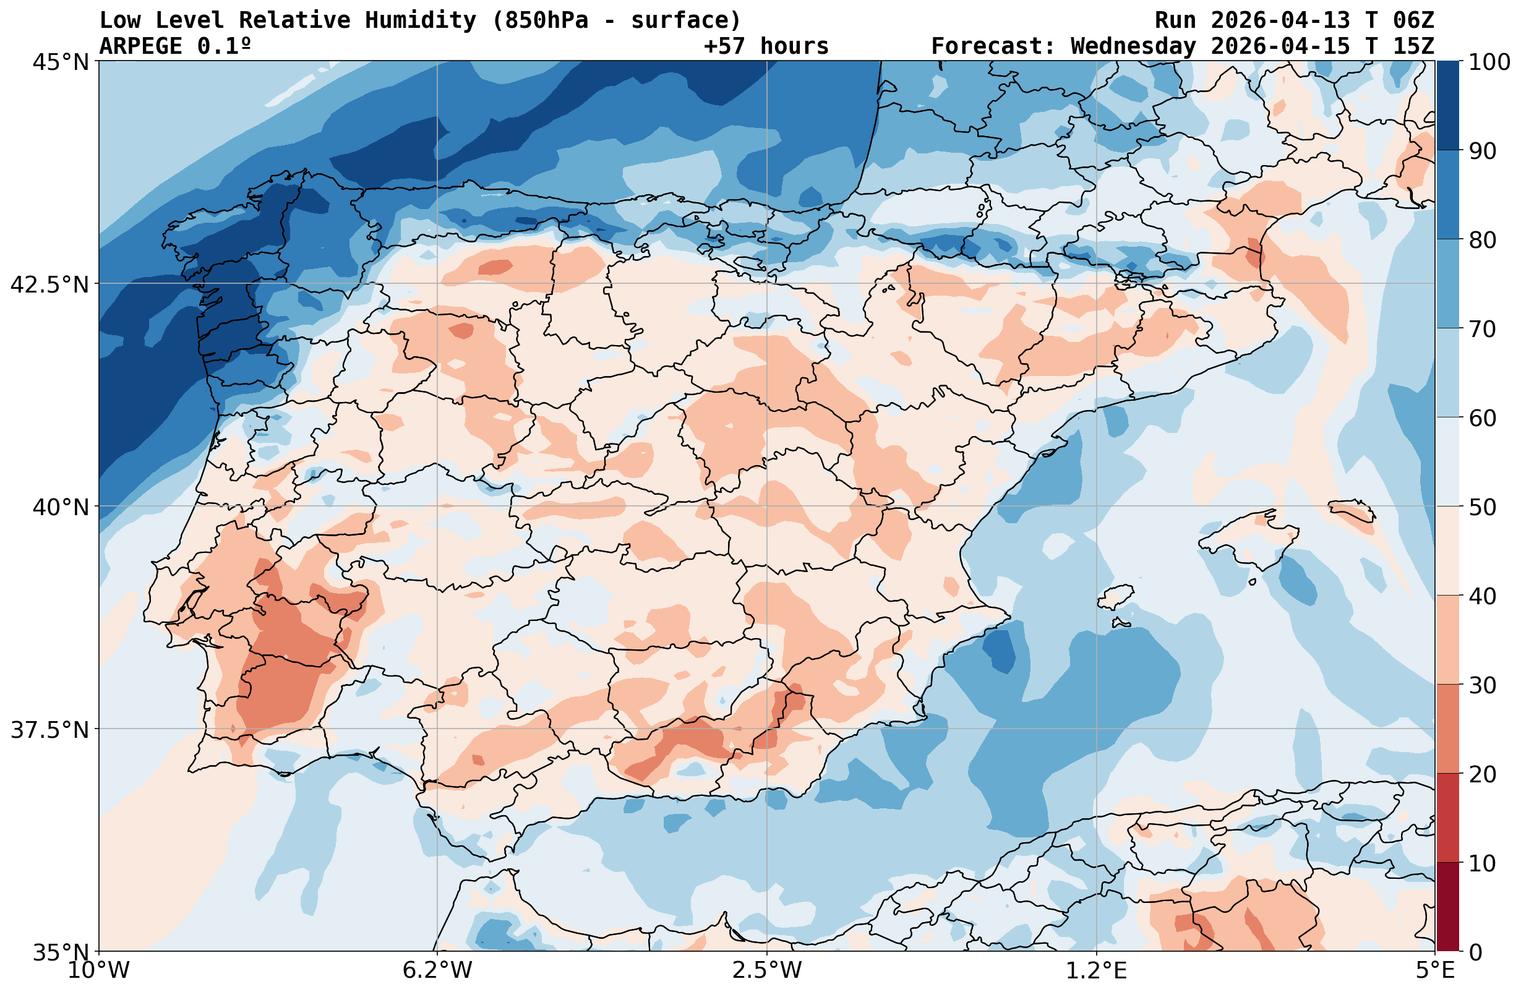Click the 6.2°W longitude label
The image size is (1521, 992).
[437, 971]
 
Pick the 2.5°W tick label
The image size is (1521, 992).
[767, 971]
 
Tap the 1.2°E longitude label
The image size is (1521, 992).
[1097, 971]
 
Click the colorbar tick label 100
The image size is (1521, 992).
[1489, 62]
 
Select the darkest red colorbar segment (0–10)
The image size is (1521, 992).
[1448, 908]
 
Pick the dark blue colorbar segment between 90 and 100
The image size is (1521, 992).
[1448, 106]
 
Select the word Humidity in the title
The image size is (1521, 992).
[421, 20]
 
